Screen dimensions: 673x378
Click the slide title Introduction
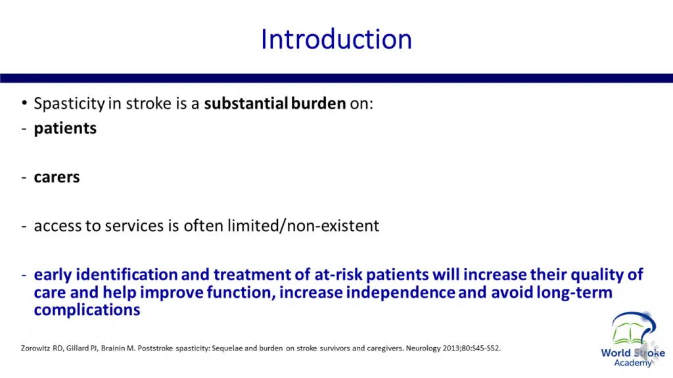pyautogui.click(x=336, y=39)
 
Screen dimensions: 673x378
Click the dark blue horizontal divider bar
pyautogui.click(x=336, y=78)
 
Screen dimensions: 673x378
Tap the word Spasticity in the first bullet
pyautogui.click(x=69, y=104)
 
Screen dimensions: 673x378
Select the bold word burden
pyautogui.click(x=319, y=103)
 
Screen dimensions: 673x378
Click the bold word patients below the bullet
pyautogui.click(x=65, y=129)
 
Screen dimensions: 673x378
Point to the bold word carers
pyautogui.click(x=57, y=177)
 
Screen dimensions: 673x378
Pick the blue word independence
pyautogui.click(x=400, y=292)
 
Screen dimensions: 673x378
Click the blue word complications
pyautogui.click(x=87, y=310)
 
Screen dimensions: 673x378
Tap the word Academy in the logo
pyautogui.click(x=633, y=364)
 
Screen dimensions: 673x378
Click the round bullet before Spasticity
pyautogui.click(x=24, y=103)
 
